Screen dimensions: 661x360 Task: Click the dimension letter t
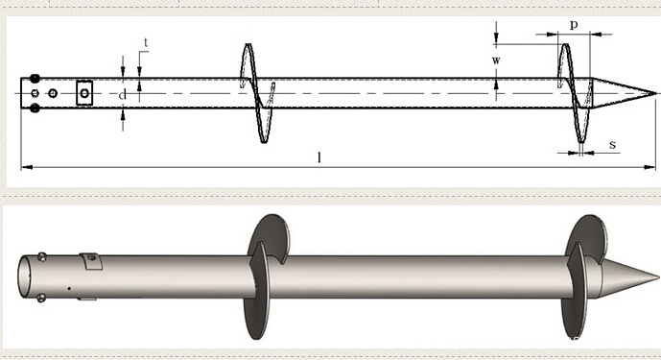click(x=146, y=42)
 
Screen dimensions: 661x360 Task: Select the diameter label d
click(x=122, y=95)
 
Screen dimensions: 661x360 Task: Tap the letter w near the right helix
click(x=496, y=60)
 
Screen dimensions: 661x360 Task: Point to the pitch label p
click(x=574, y=25)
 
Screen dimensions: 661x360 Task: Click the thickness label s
click(x=612, y=145)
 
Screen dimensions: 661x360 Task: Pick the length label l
click(x=319, y=157)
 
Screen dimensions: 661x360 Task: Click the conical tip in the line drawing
click(x=624, y=93)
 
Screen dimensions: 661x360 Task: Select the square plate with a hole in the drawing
click(x=84, y=93)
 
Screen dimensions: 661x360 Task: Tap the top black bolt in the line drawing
click(x=35, y=79)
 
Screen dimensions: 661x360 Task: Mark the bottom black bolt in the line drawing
click(x=35, y=108)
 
